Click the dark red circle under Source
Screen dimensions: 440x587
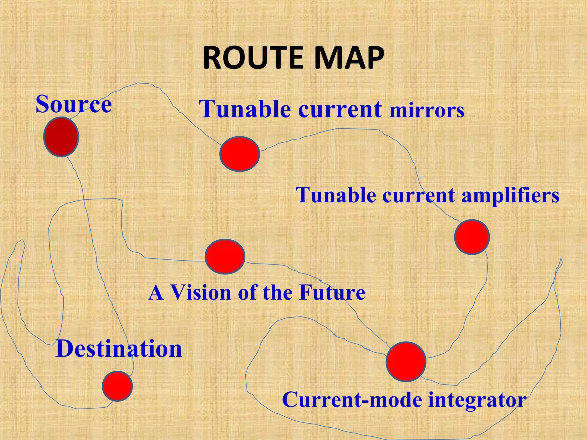coord(61,137)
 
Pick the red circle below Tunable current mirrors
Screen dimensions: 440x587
coord(240,154)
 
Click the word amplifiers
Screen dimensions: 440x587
coord(510,195)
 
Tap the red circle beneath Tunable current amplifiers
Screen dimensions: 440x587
coord(472,237)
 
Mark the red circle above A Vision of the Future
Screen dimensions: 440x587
coord(225,257)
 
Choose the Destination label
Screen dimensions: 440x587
coord(119,349)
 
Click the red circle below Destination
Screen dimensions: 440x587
coord(117,386)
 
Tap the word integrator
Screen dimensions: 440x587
coord(477,400)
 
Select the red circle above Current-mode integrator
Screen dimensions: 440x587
coord(406,362)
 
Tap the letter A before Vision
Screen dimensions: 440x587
coord(156,292)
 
